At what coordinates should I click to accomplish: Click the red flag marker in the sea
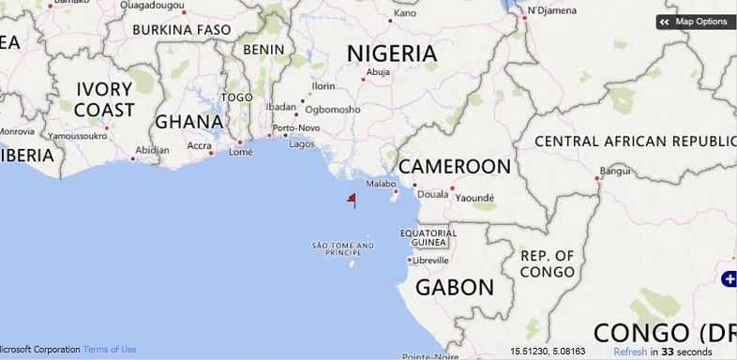[352, 199]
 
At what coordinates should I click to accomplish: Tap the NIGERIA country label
[392, 53]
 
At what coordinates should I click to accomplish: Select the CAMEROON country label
[455, 167]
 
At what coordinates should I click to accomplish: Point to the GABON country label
[455, 287]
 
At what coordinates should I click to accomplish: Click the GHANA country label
[188, 121]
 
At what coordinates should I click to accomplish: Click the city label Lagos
[302, 144]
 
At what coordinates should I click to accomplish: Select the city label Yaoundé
[474, 198]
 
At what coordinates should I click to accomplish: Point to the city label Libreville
[431, 260]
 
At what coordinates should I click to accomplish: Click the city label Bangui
[615, 171]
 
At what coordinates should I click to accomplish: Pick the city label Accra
[199, 145]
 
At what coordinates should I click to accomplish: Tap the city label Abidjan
[152, 150]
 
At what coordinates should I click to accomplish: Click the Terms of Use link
[110, 350]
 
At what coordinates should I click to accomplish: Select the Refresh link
[630, 352]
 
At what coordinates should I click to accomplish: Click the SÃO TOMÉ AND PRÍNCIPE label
[342, 248]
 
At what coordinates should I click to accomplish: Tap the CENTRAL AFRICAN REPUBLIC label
[633, 142]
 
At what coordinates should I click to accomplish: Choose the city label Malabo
[381, 184]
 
